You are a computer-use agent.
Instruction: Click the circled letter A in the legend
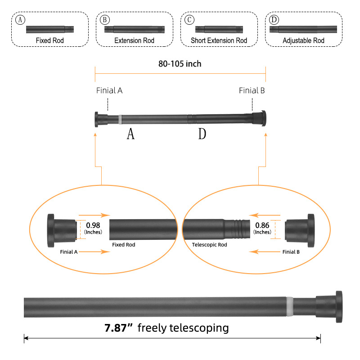coord(19,20)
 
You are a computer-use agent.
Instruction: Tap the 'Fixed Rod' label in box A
coord(50,40)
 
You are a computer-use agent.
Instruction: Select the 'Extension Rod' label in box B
coord(134,40)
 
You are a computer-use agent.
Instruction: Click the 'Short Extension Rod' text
coord(219,40)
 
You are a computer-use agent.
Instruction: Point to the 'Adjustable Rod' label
coord(303,40)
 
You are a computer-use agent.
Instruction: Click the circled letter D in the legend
coord(273,20)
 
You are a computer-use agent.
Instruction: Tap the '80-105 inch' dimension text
coord(180,64)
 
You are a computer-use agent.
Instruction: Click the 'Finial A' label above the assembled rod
coord(109,90)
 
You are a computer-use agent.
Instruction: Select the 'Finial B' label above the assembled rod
coord(252,90)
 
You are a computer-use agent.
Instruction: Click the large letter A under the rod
coord(130,134)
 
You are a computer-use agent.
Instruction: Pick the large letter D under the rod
coord(202,134)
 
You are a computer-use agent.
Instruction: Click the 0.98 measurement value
coord(93,225)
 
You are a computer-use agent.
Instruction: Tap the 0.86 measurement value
coord(262,225)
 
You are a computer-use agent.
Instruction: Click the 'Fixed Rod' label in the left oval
coord(123,245)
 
